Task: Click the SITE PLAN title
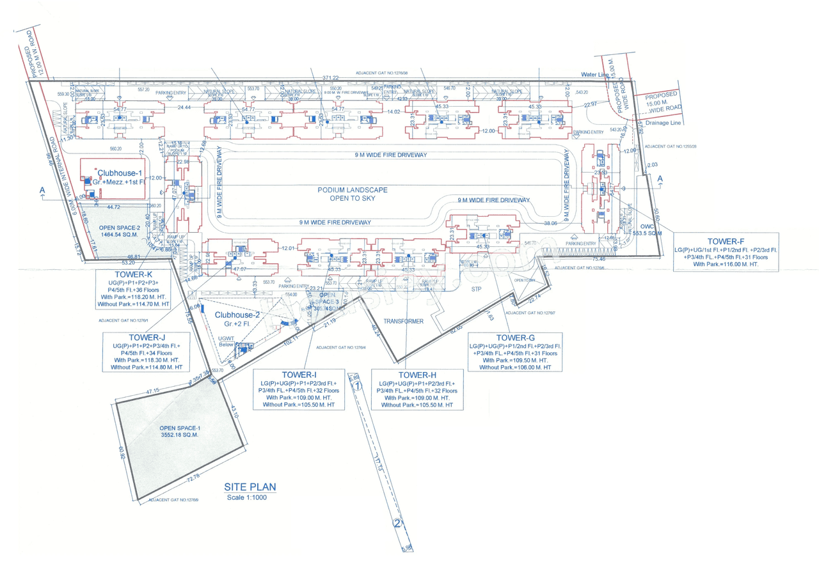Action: pos(250,487)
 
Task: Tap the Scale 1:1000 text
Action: pos(250,497)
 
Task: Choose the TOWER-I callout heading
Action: pos(299,374)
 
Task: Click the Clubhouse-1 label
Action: pos(120,173)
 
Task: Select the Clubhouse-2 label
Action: pos(237,315)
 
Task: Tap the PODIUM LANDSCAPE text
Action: pos(352,190)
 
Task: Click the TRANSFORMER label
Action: pos(404,322)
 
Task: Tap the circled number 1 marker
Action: pos(359,386)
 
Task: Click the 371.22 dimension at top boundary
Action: pos(331,78)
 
